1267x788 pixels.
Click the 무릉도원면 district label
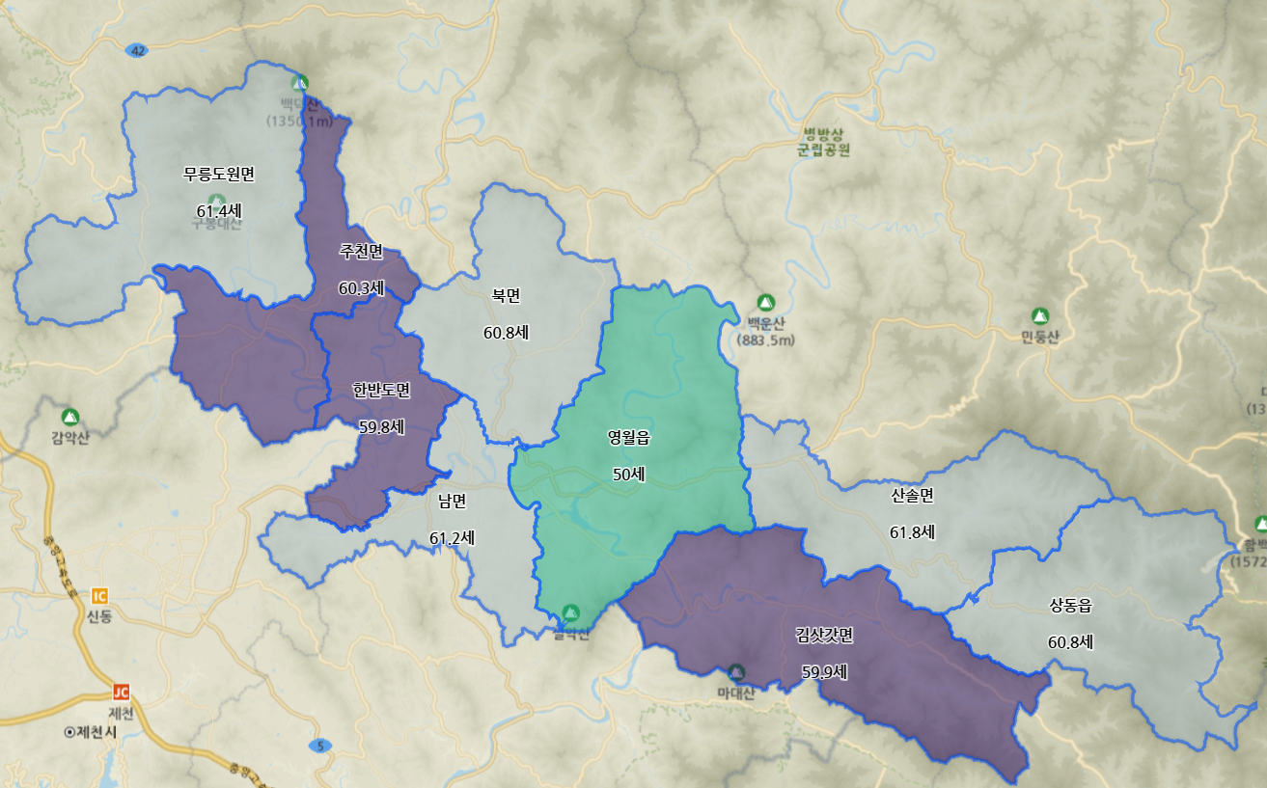pos(219,174)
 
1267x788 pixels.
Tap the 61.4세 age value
pos(219,210)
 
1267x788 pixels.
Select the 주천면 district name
pos(361,251)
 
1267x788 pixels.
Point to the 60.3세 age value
pos(361,287)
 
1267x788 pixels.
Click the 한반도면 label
pos(381,390)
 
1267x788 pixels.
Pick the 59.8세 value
pos(381,426)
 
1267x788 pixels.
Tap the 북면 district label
pos(506,295)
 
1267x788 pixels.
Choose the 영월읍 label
pos(628,437)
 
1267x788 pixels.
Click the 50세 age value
pos(628,474)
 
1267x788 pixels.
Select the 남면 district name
pos(452,501)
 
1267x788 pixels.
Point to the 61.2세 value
pos(452,537)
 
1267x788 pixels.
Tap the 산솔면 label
pos(912,495)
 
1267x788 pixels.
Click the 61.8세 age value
pos(912,531)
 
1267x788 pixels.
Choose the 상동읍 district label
pos(1070,605)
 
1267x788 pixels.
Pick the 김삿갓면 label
pos(824,635)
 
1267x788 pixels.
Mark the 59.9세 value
pos(824,671)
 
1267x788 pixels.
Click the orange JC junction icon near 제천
pos(121,692)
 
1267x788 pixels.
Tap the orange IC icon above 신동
pos(99,595)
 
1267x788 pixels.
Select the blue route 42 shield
pos(137,50)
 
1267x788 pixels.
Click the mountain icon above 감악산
pos(69,417)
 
